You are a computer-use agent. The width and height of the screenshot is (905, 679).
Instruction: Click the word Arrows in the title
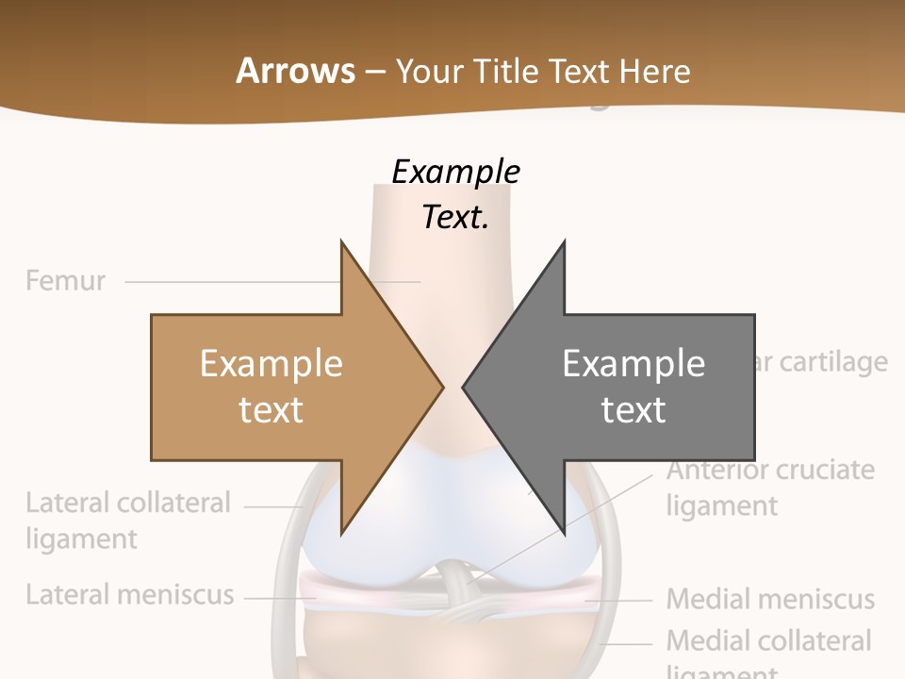[295, 71]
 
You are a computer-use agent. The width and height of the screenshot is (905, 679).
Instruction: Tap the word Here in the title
[654, 72]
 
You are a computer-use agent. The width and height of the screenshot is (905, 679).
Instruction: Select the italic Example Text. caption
[455, 194]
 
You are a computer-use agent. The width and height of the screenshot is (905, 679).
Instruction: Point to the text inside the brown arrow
[271, 386]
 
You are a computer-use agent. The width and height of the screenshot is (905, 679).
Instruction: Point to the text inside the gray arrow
[633, 386]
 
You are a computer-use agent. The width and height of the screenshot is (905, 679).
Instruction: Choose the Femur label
[66, 281]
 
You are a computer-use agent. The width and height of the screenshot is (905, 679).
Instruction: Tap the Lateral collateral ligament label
[127, 521]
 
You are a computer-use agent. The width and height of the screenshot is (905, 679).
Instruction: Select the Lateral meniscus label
[129, 595]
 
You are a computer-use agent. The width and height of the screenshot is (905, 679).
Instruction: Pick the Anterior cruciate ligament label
[770, 488]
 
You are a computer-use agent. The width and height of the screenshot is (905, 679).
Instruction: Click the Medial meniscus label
[770, 599]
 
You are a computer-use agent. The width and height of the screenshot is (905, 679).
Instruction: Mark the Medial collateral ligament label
[768, 651]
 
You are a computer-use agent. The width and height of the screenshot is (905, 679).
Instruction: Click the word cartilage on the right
[833, 362]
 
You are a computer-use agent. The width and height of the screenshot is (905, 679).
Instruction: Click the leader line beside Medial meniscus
[618, 599]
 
